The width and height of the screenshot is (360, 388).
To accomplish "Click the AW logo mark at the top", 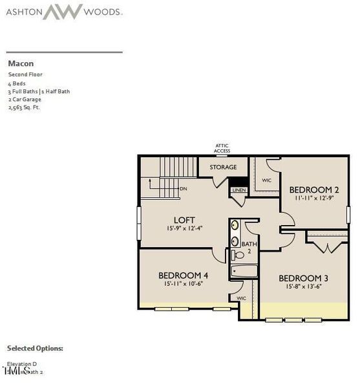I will click(63, 11).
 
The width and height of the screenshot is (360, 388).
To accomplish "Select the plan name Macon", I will click(21, 63).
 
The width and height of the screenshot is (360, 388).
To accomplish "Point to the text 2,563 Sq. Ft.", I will click(24, 107).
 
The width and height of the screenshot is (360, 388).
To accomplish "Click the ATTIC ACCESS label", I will click(222, 148).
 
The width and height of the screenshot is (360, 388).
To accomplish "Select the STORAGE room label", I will click(223, 167).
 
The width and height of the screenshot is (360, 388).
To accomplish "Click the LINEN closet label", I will click(238, 190).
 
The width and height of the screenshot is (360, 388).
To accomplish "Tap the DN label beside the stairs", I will click(184, 189).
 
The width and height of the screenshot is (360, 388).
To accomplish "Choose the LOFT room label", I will click(184, 220).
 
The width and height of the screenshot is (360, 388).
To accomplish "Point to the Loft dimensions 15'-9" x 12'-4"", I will click(184, 228).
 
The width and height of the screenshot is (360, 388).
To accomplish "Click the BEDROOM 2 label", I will click(313, 189).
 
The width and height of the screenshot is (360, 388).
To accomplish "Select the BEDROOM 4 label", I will click(184, 275).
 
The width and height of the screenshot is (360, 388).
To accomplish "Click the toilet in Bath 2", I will click(238, 255).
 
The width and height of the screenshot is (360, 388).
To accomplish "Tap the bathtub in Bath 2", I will click(244, 272).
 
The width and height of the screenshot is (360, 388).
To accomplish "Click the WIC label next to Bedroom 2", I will click(266, 180).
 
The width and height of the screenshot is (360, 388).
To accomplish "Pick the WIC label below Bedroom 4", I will click(241, 298).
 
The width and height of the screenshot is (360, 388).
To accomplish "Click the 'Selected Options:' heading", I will click(35, 348).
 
